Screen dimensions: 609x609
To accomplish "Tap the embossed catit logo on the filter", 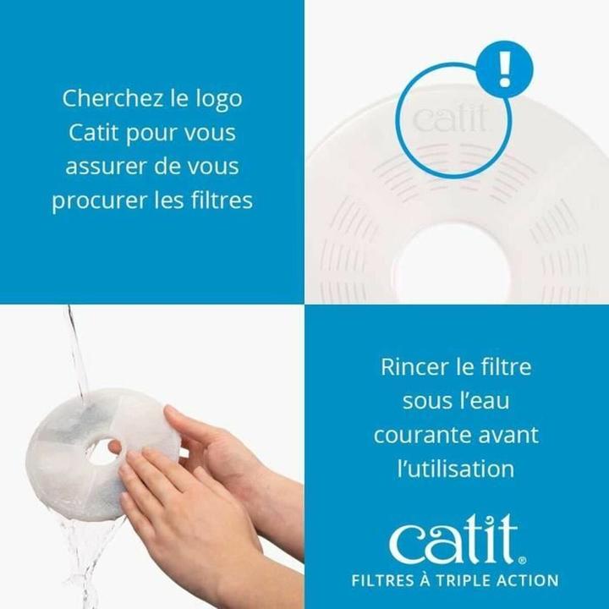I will point(450,119).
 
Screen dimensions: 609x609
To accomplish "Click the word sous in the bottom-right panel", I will point(428,402).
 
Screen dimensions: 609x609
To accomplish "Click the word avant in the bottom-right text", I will point(510,436).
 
